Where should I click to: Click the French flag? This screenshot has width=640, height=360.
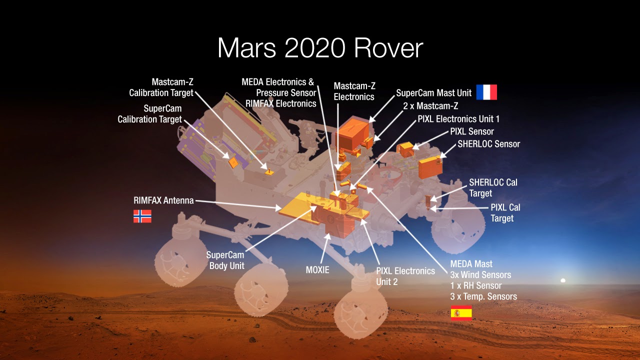tap(486, 92)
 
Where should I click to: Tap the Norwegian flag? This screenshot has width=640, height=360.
tap(142, 216)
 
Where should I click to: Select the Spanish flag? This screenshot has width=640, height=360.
tap(461, 313)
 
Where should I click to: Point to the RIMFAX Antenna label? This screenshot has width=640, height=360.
tap(163, 200)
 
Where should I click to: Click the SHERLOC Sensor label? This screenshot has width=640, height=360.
tap(489, 144)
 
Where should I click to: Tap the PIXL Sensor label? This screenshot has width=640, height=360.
tap(472, 131)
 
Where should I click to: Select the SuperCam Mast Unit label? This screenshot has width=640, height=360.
tap(434, 93)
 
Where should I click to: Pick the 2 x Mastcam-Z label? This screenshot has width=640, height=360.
tap(430, 106)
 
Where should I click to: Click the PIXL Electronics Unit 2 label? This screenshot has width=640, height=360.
tap(405, 276)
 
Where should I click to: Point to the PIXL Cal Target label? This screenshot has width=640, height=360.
tap(505, 212)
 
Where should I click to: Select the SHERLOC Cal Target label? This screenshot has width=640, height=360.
tap(493, 187)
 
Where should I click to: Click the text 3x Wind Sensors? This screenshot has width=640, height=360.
tap(480, 274)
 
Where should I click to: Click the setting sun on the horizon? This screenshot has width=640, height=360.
tap(563, 281)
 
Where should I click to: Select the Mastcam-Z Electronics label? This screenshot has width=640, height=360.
tap(354, 91)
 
